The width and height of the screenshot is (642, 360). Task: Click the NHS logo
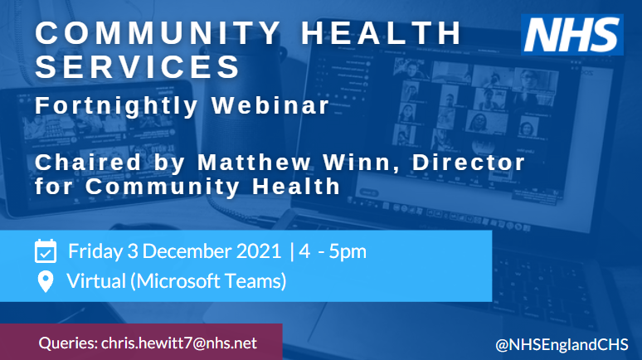click(573, 36)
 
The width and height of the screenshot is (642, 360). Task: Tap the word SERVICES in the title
click(139, 66)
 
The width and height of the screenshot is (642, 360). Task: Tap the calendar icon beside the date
click(46, 251)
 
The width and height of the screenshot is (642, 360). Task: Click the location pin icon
click(46, 283)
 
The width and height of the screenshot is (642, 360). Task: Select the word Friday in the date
click(94, 251)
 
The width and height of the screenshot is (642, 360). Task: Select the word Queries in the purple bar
click(67, 343)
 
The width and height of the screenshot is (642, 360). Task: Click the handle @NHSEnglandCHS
click(561, 343)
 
